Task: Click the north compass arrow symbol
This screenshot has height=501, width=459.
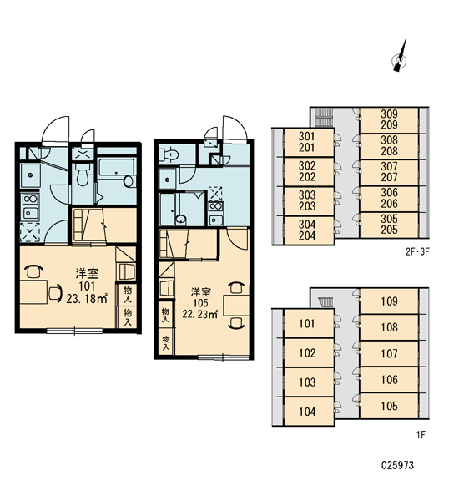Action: (x=400, y=57)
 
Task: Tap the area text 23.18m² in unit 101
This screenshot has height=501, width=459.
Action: (x=87, y=299)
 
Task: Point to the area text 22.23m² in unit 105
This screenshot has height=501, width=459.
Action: (x=200, y=315)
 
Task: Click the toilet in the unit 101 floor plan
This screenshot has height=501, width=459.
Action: (x=82, y=175)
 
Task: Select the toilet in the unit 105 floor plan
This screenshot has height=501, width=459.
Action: (x=169, y=154)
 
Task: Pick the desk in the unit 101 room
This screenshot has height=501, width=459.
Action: (x=33, y=291)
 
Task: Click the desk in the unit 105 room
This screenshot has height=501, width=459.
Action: (x=236, y=306)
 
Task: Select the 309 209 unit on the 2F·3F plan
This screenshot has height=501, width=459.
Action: (x=389, y=119)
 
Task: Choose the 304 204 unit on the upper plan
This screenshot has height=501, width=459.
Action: (x=307, y=230)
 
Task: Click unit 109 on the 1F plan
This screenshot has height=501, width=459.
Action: (x=389, y=301)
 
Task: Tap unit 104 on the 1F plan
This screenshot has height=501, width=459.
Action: (x=307, y=412)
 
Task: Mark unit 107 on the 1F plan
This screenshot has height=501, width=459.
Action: (x=389, y=354)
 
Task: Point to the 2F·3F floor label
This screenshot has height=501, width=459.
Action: (x=417, y=252)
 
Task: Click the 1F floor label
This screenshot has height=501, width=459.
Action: (x=421, y=435)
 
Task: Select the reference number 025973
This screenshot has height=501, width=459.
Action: (x=397, y=465)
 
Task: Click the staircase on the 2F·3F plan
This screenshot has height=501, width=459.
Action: (x=324, y=117)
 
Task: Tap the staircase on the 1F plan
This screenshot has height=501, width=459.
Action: (x=326, y=302)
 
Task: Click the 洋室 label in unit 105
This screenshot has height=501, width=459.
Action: (x=200, y=292)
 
